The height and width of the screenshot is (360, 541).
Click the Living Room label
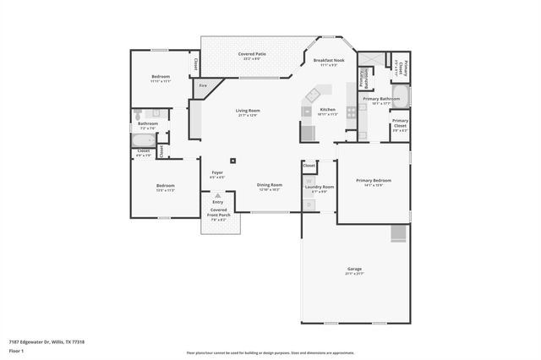(248, 111)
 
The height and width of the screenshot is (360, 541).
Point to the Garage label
(353, 269)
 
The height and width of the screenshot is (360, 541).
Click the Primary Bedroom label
(373, 180)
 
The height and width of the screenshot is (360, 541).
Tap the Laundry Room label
(324, 187)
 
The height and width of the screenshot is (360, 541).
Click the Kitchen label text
(327, 110)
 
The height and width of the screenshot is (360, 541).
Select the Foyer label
(217, 173)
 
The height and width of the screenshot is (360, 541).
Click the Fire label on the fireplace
(203, 85)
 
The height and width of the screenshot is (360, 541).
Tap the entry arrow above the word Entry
(218, 195)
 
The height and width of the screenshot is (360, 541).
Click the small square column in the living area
(233, 160)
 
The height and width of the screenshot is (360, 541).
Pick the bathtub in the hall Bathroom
(145, 140)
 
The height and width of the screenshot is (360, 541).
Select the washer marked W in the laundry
(309, 182)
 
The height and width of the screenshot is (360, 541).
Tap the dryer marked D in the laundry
(309, 203)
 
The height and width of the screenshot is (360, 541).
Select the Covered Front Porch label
(221, 215)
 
